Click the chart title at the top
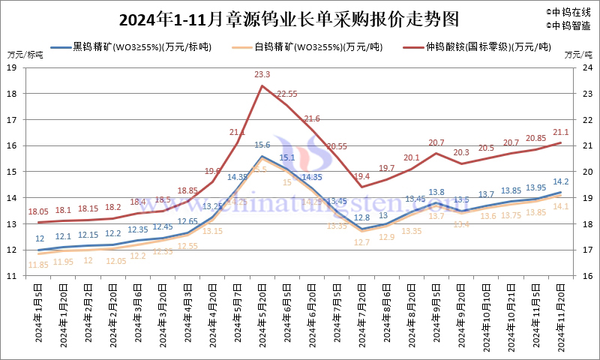(277, 18)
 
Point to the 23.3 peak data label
(262, 74)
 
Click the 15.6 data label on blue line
(262, 145)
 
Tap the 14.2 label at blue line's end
(560, 181)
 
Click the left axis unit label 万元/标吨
(25, 55)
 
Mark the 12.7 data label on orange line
(361, 242)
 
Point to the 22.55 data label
(287, 94)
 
